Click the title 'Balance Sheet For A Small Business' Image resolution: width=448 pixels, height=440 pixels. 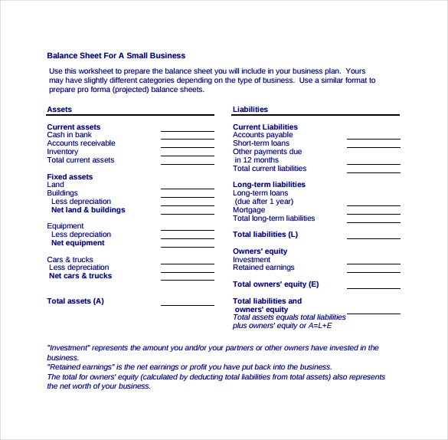[x=116, y=56]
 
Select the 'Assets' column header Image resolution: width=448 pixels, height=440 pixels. [x=60, y=110]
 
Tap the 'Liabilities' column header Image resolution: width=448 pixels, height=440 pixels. [x=250, y=110]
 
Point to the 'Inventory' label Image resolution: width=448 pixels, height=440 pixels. [x=63, y=152]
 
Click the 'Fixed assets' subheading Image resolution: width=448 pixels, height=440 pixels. [x=70, y=177]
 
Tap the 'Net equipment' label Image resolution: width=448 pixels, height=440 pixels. [x=77, y=243]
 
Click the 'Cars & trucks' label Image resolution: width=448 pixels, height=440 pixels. [x=70, y=260]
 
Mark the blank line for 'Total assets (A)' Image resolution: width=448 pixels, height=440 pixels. [x=187, y=305]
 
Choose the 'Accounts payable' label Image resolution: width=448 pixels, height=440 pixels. [x=263, y=135]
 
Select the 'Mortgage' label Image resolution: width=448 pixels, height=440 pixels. [x=249, y=210]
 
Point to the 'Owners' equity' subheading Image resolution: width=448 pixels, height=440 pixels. [x=260, y=251]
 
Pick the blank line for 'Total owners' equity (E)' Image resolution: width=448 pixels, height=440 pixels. [x=373, y=288]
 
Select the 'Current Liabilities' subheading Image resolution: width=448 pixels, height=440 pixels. [x=265, y=127]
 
